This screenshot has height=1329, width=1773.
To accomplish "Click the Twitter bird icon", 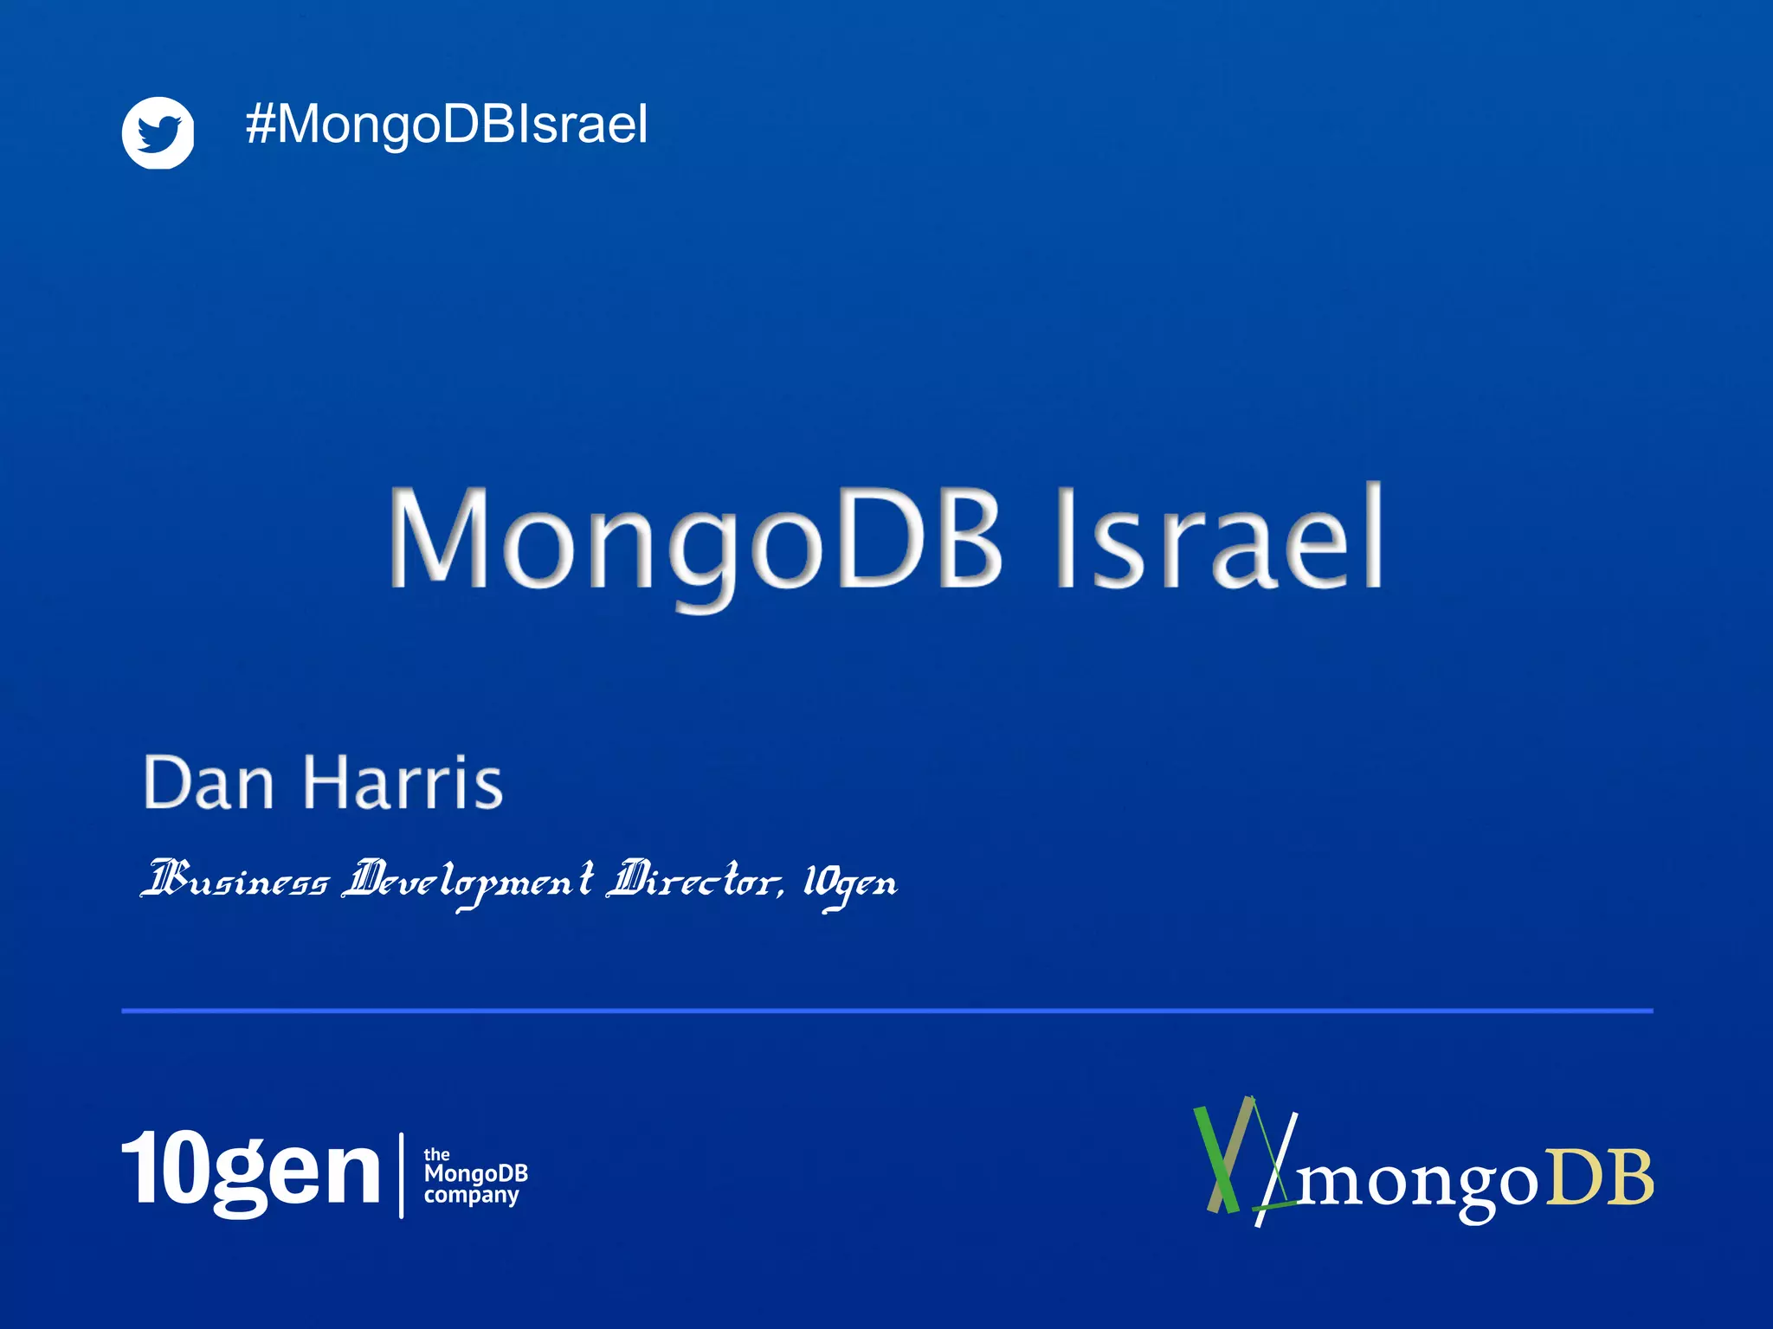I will click(158, 132).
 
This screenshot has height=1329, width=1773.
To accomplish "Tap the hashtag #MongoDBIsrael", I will click(447, 125).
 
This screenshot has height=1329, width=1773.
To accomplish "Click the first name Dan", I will click(209, 783).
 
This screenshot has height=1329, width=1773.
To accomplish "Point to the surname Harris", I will click(403, 783).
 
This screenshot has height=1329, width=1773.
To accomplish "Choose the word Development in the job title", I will click(468, 882).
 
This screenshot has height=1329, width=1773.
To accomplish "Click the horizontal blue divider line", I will click(886, 1010).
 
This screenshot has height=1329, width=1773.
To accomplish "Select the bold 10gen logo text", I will click(251, 1170).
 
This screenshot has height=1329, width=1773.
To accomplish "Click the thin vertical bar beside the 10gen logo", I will click(402, 1175).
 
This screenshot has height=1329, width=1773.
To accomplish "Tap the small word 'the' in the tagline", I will click(436, 1154).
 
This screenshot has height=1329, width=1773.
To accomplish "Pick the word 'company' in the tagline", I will click(471, 1196).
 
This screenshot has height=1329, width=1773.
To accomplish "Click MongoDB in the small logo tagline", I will click(475, 1174).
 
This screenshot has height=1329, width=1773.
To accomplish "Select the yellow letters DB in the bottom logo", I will click(1600, 1178).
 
